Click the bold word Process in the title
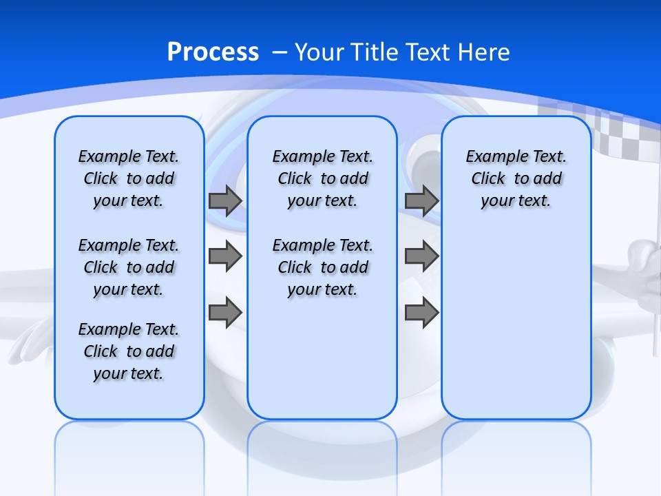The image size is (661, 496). coord(213,52)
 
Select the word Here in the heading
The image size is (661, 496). coord(485,52)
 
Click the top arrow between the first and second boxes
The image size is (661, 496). coord(225,200)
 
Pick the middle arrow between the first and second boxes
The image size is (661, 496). coord(225,256)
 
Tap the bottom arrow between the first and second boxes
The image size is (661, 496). coord(225,312)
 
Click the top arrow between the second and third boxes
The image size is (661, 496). coord(421,200)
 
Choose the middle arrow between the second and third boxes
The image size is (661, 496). coord(421,256)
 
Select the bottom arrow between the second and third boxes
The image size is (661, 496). coord(421,312)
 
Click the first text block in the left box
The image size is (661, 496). coord(129,178)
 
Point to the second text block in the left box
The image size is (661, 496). coord(129,267)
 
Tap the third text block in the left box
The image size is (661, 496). coord(129,351)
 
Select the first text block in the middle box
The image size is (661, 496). coord(322,178)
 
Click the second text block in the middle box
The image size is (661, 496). coord(322,267)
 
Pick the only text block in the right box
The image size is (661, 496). coord(516,178)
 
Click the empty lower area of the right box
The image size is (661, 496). coord(516,331)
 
